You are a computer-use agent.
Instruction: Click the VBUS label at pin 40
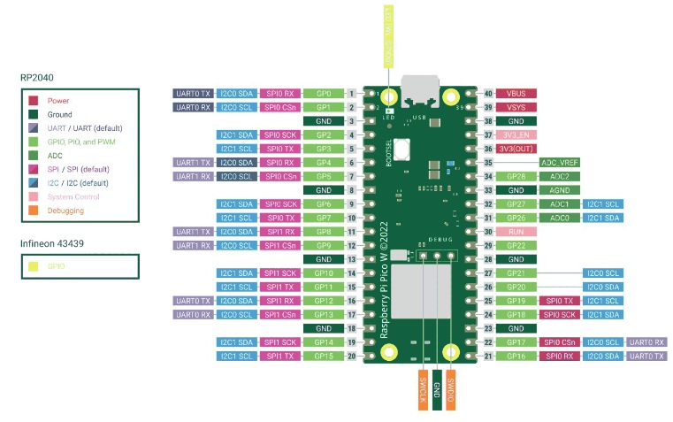(516, 93)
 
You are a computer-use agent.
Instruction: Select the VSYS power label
(516, 107)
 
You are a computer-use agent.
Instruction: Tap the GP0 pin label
(323, 93)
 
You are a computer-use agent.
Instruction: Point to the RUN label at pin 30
(516, 232)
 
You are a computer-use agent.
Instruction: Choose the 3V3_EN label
(516, 134)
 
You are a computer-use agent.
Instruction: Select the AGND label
(559, 190)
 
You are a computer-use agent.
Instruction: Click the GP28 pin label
(516, 176)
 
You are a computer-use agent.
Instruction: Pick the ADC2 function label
(559, 176)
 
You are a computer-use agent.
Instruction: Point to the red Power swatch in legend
(34, 101)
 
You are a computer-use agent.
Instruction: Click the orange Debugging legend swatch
(34, 211)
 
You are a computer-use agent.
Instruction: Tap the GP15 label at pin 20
(323, 356)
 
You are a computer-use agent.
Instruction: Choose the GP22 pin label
(516, 245)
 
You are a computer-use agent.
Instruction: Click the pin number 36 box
(488, 149)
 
